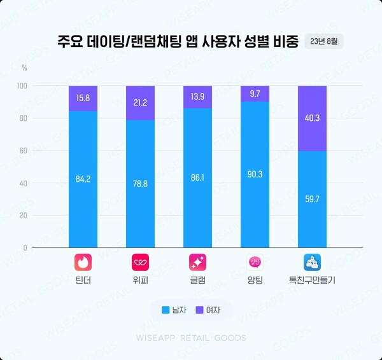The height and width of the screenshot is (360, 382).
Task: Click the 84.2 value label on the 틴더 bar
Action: coord(83,179)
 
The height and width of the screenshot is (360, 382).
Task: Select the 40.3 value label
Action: coord(312,118)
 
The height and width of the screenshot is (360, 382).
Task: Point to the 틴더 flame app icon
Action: coord(83,262)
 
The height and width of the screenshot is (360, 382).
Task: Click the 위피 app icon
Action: coord(140,262)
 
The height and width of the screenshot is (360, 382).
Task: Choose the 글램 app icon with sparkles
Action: coord(197,262)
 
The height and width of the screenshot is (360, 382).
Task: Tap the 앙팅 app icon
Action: coord(255,262)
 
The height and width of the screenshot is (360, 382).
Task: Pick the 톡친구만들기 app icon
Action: coord(312,262)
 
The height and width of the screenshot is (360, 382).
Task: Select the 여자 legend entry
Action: coord(208,310)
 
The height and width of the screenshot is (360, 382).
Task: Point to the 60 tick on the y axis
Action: coord(24,151)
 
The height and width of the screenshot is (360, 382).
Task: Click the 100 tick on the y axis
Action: coord(22,86)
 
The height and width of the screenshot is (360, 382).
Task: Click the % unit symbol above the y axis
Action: coord(24,67)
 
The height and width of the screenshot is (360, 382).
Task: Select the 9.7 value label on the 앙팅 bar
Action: coord(255,93)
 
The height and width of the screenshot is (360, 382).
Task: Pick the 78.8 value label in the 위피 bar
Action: coord(140,184)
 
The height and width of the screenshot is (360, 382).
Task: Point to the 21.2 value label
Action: coord(140,102)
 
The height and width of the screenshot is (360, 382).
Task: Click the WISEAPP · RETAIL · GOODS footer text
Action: coord(191,338)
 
